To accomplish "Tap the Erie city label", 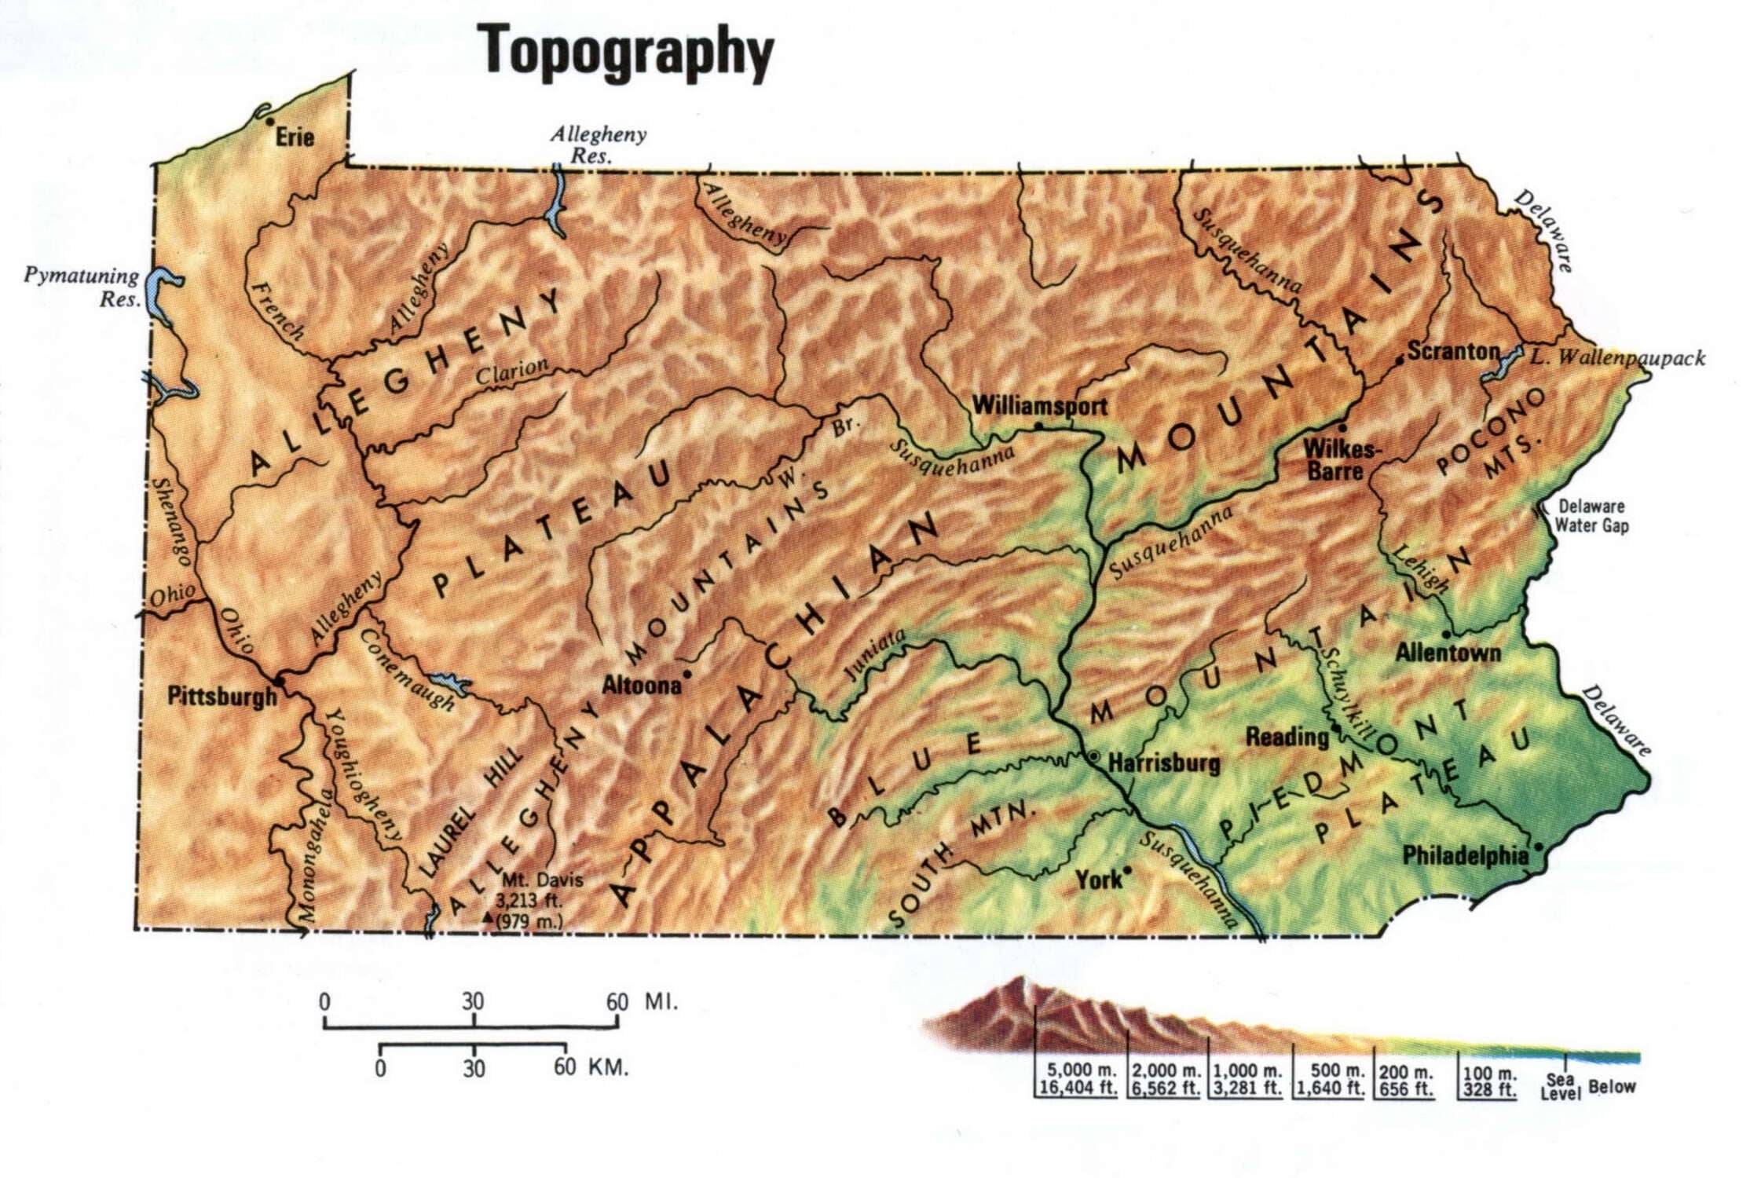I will pyautogui.click(x=295, y=137).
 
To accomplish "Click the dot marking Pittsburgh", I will pyautogui.click(x=280, y=680).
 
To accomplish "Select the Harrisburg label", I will pyautogui.click(x=1164, y=763).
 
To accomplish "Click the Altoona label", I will pyautogui.click(x=641, y=685).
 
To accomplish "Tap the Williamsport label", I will pyautogui.click(x=1039, y=406).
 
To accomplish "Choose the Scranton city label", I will pyautogui.click(x=1453, y=351).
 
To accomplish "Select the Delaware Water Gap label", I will pyautogui.click(x=1591, y=516).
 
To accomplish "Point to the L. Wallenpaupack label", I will pyautogui.click(x=1617, y=358).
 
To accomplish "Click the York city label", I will pyautogui.click(x=1099, y=880).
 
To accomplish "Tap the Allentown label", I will pyautogui.click(x=1448, y=653).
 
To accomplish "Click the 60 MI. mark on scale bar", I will pyautogui.click(x=617, y=1002).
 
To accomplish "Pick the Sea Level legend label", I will pyautogui.click(x=1560, y=1086).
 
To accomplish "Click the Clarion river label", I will pyautogui.click(x=512, y=371).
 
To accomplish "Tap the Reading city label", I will pyautogui.click(x=1287, y=737).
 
